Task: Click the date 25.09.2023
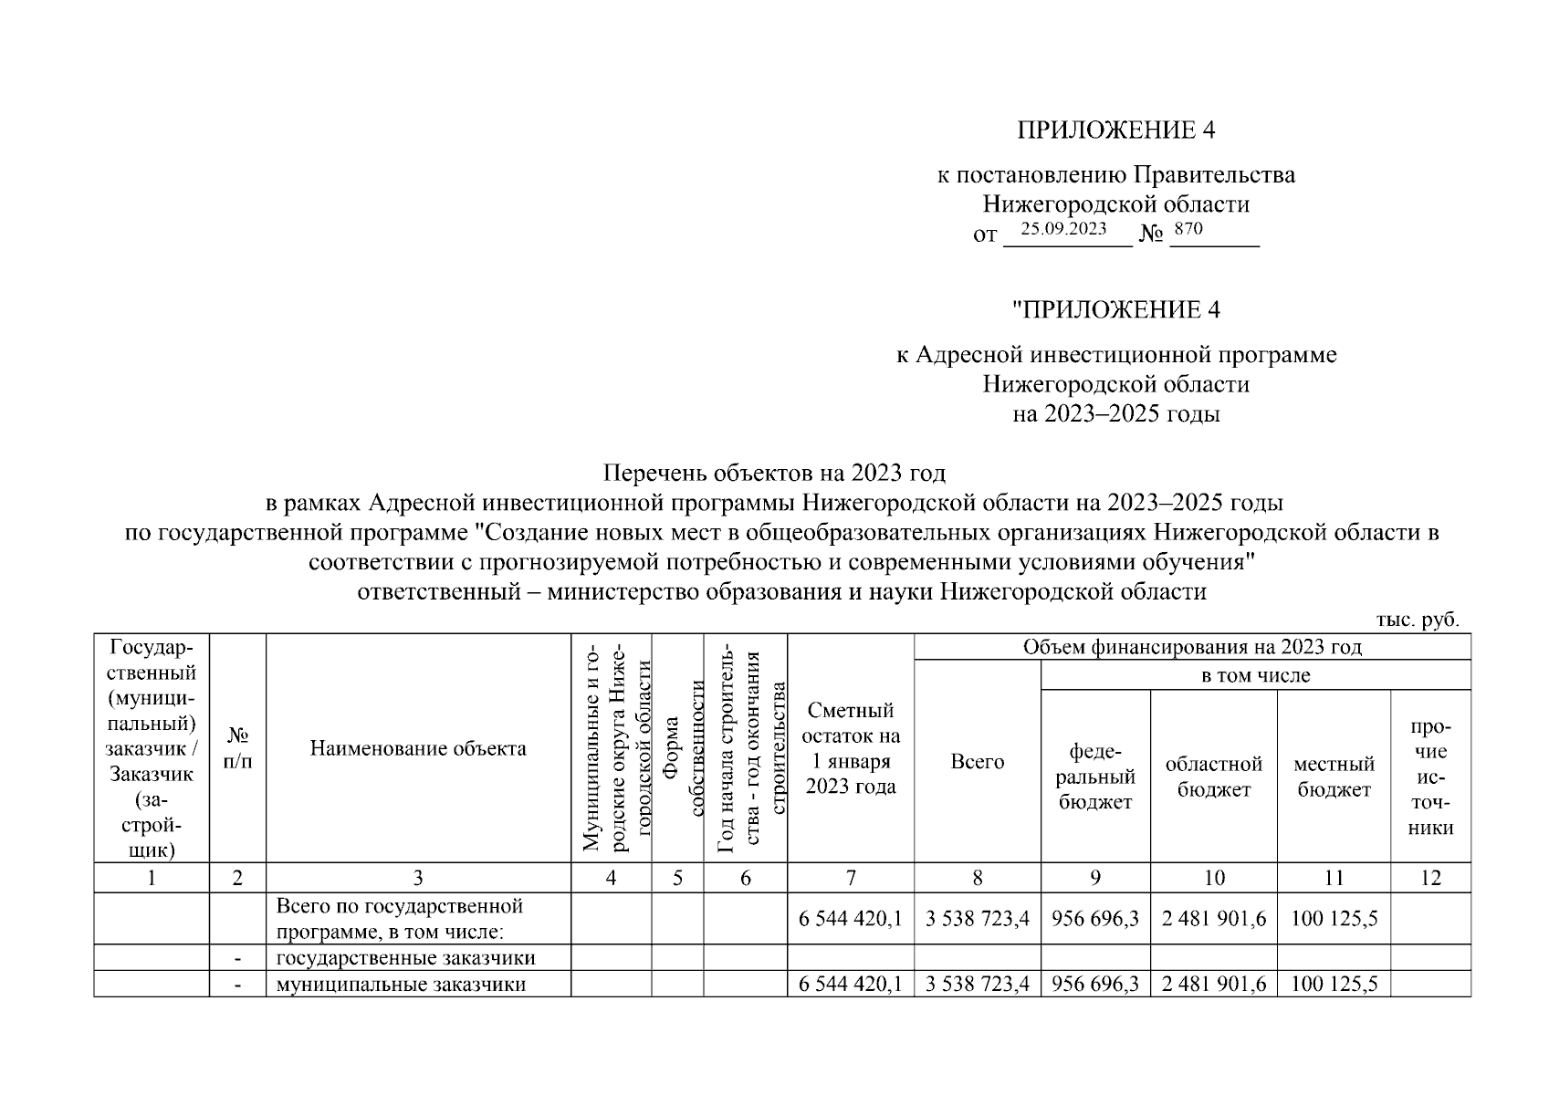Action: [1063, 229]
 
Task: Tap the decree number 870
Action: [1188, 229]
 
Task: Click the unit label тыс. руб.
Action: [1417, 620]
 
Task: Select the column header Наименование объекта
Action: [418, 749]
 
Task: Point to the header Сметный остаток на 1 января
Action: [851, 748]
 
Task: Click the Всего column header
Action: [977, 762]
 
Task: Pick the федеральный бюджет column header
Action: [1095, 777]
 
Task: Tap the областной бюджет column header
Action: [1214, 777]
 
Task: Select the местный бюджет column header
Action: [1334, 777]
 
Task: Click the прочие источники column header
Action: [1430, 777]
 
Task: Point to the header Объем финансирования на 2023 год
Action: [1192, 648]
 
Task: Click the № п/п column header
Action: [237, 747]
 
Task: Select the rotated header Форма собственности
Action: [677, 748]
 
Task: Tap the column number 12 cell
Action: [1430, 878]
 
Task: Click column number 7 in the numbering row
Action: [851, 878]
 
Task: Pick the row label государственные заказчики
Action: [405, 958]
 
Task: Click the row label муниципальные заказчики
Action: [401, 985]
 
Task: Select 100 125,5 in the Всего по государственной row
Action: [1334, 919]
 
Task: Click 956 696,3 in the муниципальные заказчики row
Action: [1095, 985]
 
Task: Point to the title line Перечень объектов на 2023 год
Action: [774, 474]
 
